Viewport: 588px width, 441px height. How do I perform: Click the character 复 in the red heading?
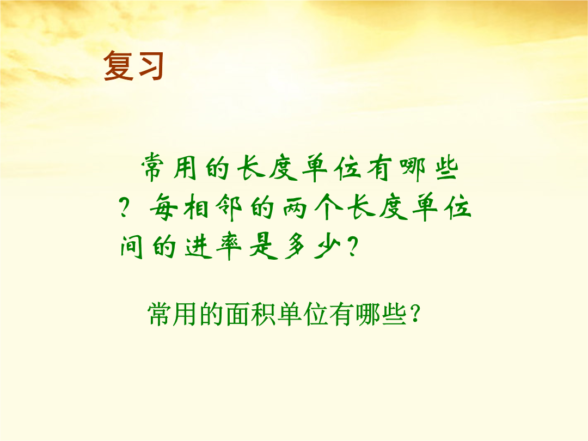click(118, 66)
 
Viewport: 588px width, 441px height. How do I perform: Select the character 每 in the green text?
click(164, 207)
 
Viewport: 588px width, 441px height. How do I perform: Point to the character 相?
click(196, 207)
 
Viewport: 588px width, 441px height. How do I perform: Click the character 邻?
click(228, 207)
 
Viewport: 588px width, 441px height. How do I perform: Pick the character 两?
click(295, 207)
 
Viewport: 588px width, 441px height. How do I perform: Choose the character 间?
click(132, 246)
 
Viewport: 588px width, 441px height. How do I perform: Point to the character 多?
click(296, 247)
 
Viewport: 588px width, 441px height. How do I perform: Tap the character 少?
click(327, 247)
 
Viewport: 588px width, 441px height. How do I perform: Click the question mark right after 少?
click(352, 247)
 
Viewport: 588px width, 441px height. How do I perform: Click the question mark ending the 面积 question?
click(415, 314)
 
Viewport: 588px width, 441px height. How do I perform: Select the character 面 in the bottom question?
click(238, 314)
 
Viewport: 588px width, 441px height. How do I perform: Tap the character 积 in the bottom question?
click(264, 314)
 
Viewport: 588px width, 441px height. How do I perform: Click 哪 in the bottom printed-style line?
click(367, 314)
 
